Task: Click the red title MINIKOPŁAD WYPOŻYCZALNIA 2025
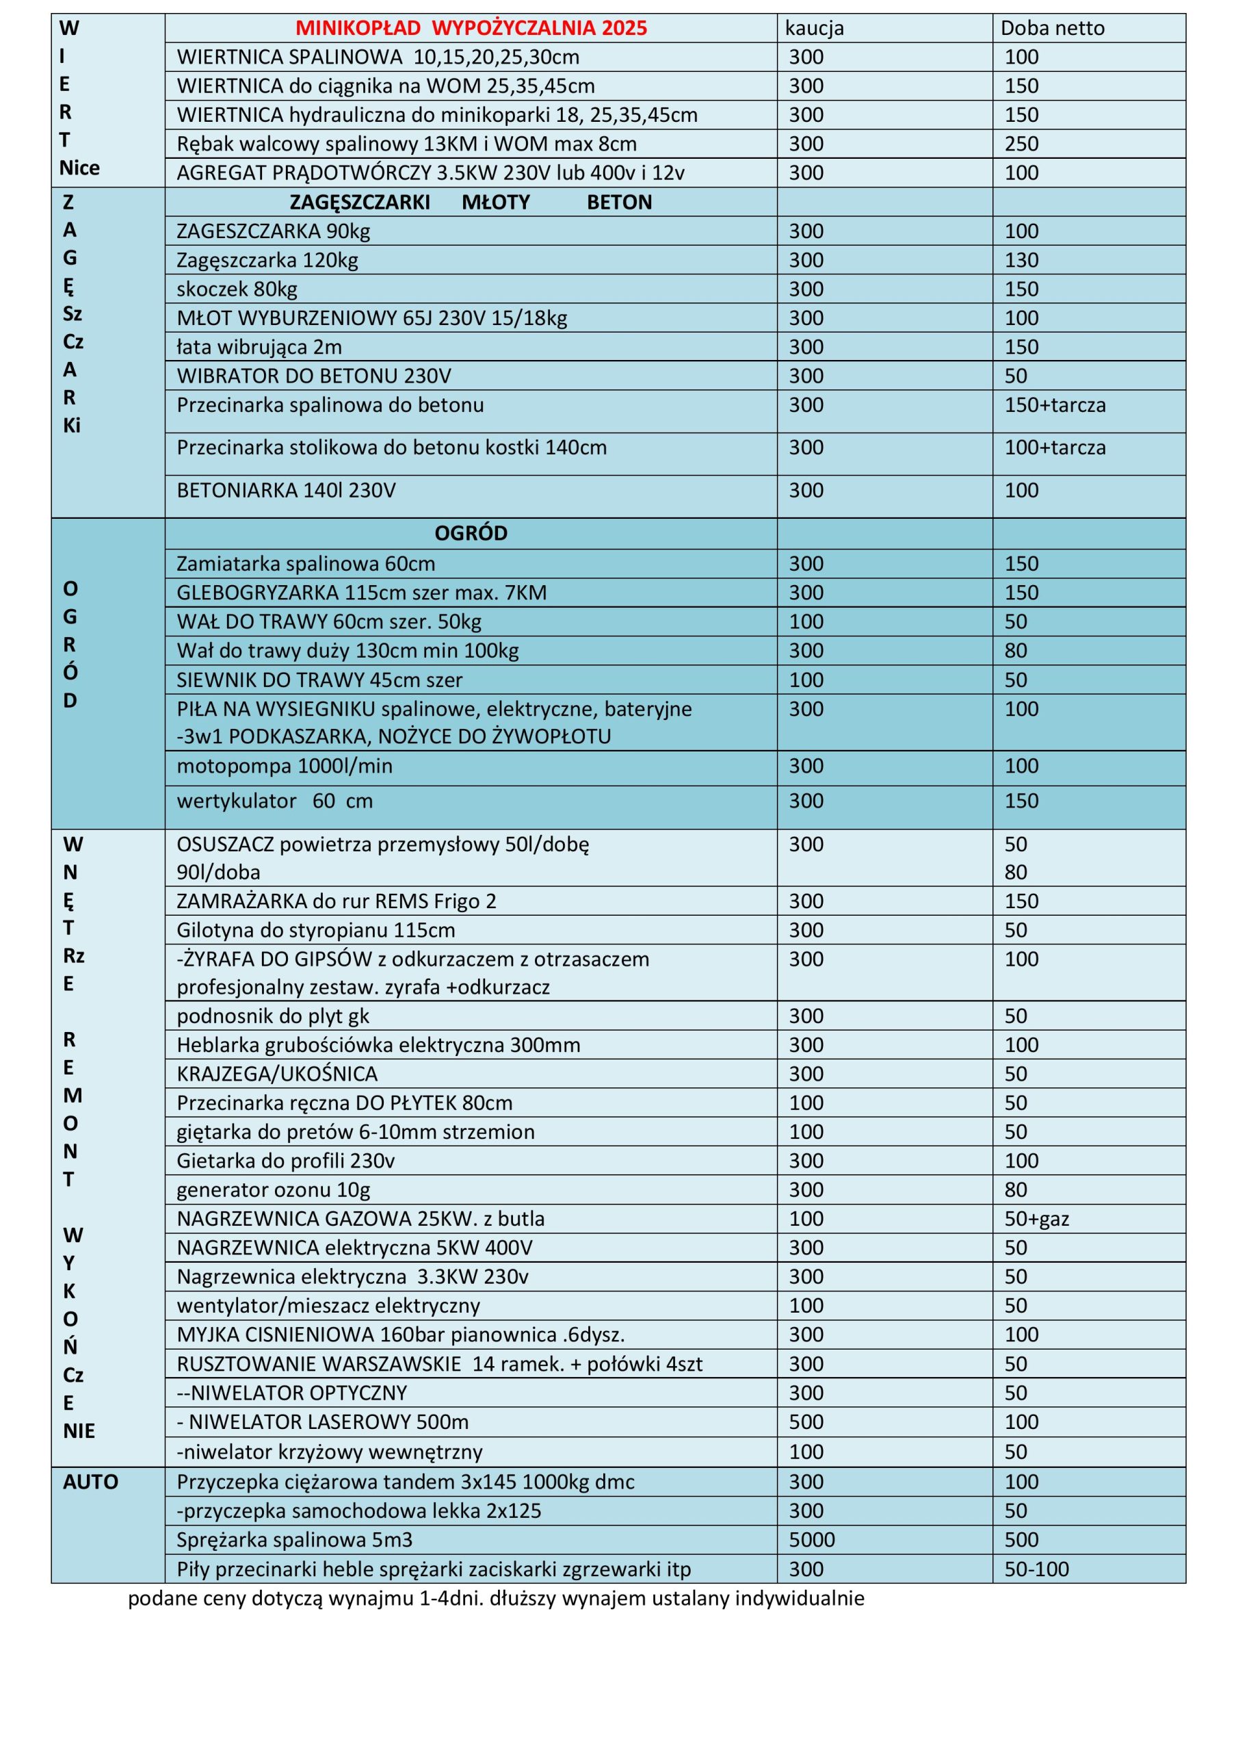pos(471,28)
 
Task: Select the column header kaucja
pos(814,28)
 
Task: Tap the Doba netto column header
pos(1052,28)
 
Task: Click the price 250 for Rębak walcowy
pos(1021,144)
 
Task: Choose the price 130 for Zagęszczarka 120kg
pos(1021,260)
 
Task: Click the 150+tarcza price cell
pos(1054,405)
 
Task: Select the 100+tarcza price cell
pos(1054,448)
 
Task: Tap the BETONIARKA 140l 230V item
pos(286,491)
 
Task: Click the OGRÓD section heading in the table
pos(471,533)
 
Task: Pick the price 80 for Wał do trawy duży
pos(1015,651)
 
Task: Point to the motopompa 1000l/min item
pos(285,766)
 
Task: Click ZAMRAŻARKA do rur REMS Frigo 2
pos(337,901)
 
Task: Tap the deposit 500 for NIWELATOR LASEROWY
pos(806,1421)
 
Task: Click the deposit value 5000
pos(812,1539)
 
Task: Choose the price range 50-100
pos(1036,1569)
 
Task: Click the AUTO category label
pos(91,1482)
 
